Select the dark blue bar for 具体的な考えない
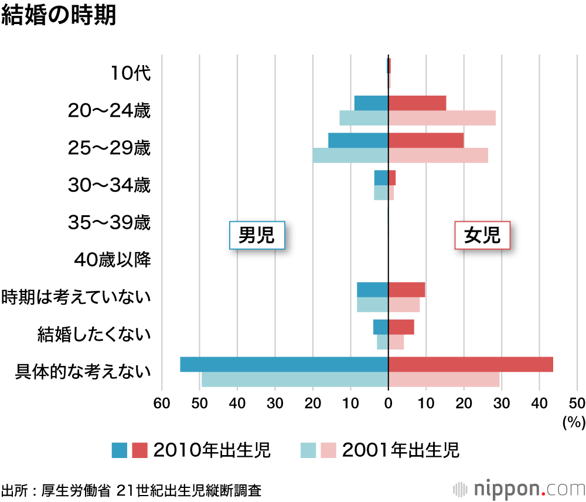pos(284,364)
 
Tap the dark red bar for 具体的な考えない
pos(471,364)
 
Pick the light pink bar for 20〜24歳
pos(442,118)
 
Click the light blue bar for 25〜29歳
pos(350,155)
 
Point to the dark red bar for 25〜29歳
pos(426,140)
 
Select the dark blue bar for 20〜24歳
pos(372,103)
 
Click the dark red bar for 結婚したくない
pos(401,327)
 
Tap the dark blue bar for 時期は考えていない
pos(373,290)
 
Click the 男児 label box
pos(257,236)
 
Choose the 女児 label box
pos(482,236)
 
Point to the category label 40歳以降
pos(113,260)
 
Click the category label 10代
pos(131,73)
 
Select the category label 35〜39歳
pos(109,223)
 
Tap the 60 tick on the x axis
pos(162,403)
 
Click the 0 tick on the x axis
pos(388,403)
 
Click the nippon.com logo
pos(519,488)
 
